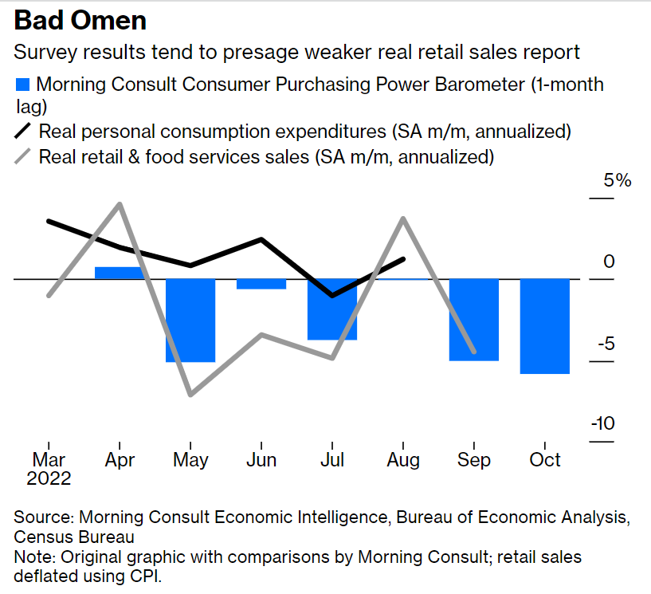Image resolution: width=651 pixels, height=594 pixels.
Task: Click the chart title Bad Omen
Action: tap(80, 20)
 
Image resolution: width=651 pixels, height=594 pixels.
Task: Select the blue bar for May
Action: tap(190, 320)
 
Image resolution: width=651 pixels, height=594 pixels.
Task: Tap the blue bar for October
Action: tap(545, 325)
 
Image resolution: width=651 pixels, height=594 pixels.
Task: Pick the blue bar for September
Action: tap(474, 319)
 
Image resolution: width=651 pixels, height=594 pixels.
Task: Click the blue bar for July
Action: tap(332, 309)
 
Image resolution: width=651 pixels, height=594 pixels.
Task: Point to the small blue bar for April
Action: tap(120, 273)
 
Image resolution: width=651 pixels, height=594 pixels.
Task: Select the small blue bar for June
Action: tap(261, 284)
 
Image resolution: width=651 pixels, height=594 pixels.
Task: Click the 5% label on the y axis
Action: tap(617, 180)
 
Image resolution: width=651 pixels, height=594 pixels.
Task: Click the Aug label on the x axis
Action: tap(403, 461)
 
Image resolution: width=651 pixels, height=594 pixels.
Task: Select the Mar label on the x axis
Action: tap(49, 461)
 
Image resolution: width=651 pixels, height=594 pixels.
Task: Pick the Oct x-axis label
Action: tap(545, 461)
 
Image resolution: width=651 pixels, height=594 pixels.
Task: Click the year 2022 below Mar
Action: tap(49, 479)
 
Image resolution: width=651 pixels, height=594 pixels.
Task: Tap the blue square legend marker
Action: tap(24, 85)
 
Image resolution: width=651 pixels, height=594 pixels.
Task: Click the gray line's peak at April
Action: tap(120, 204)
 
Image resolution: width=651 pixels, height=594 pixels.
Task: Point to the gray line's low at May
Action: tap(190, 394)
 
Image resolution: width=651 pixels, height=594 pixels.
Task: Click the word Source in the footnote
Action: tap(43, 517)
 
